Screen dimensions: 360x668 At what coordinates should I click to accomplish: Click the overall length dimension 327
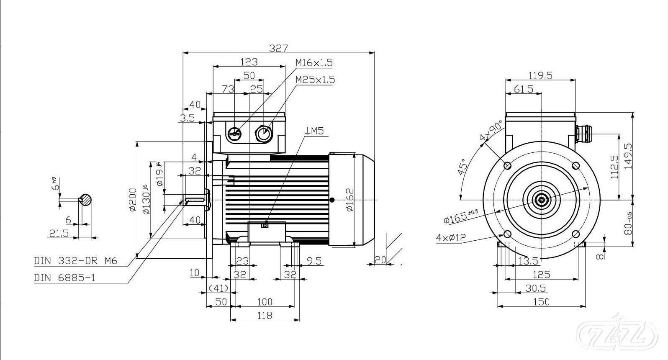click(x=278, y=48)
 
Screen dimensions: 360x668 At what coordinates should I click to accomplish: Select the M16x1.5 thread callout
click(x=314, y=63)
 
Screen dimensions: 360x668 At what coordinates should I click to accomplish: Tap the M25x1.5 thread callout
click(x=315, y=80)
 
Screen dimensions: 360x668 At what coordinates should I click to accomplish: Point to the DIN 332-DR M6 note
click(x=75, y=261)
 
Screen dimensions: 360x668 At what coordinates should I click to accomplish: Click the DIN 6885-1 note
click(x=64, y=277)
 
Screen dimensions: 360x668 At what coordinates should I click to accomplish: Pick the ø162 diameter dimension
click(x=350, y=200)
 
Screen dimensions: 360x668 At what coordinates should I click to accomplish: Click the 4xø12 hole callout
click(x=451, y=238)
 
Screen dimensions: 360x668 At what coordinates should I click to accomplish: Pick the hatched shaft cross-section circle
click(x=86, y=200)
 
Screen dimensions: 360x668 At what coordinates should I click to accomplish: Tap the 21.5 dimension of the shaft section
click(x=59, y=234)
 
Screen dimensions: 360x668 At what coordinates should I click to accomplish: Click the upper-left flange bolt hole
click(x=508, y=166)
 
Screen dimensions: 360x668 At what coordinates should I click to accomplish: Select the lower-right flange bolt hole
click(x=576, y=234)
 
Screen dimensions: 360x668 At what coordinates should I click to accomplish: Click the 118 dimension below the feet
click(x=265, y=315)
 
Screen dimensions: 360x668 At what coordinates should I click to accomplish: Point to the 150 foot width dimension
click(x=542, y=301)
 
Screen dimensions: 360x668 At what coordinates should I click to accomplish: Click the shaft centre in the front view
click(x=542, y=200)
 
